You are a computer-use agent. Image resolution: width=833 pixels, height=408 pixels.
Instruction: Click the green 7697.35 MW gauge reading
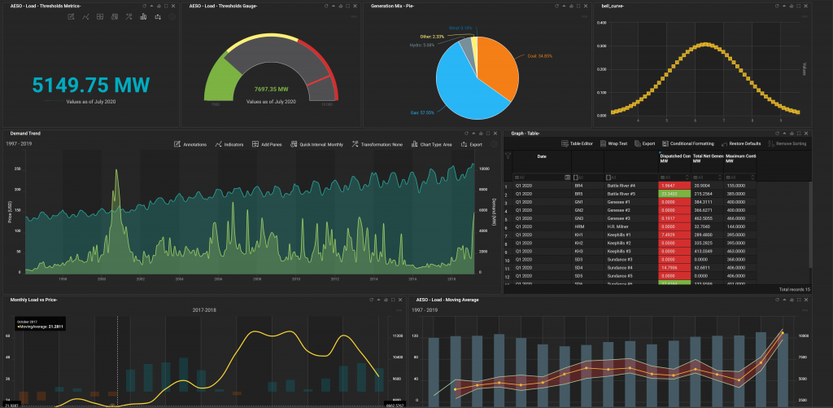tap(272, 89)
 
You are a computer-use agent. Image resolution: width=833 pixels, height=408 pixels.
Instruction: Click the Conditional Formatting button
tap(690, 143)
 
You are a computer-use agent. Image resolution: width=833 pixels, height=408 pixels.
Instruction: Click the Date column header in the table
tap(542, 156)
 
